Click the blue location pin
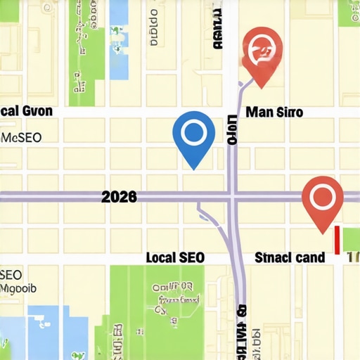pos(193,135)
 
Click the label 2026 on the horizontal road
pos(119,197)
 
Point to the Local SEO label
pos(174,257)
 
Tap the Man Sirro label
pos(275,112)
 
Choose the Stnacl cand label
pos(289,257)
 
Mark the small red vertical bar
pos(337,240)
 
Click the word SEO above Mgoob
pos(11,274)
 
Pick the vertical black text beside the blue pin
pos(232,131)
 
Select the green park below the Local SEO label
pos(172,309)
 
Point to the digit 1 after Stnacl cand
pos(351,257)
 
